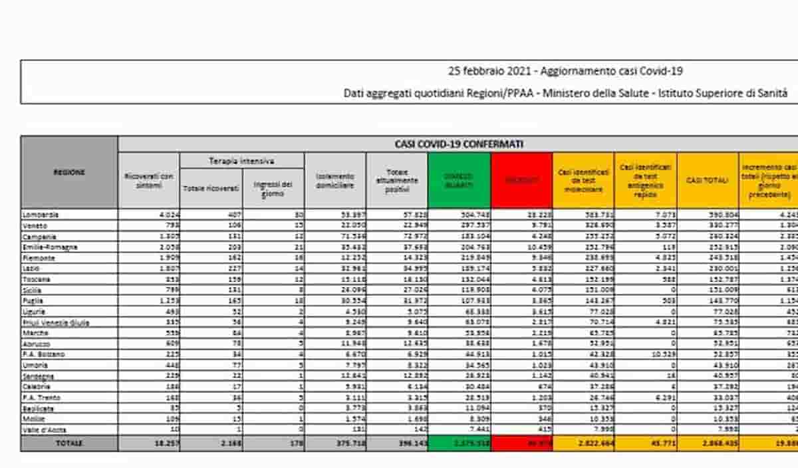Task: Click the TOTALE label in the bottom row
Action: [69, 443]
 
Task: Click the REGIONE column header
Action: [69, 172]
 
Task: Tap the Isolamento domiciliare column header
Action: [335, 180]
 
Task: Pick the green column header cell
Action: [460, 180]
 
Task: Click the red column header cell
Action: [521, 180]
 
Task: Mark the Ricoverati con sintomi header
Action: [148, 180]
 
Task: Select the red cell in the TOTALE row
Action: [521, 443]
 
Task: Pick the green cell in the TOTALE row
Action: [460, 443]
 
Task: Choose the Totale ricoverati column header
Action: [211, 188]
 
